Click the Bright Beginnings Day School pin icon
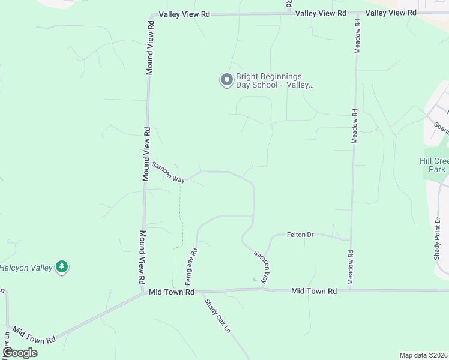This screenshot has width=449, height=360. [x=226, y=80]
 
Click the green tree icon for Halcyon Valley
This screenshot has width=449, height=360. [x=62, y=267]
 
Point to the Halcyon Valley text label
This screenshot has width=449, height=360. [x=26, y=268]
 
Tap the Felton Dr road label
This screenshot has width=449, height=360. [x=301, y=234]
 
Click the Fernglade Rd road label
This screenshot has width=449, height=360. [x=190, y=266]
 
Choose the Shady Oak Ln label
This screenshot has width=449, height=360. [x=217, y=317]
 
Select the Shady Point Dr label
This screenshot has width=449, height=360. [x=438, y=238]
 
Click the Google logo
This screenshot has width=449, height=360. [x=20, y=352]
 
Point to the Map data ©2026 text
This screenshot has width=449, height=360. [x=423, y=355]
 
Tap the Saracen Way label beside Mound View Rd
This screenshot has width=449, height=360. [x=167, y=173]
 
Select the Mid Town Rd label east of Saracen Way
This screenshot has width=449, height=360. [x=313, y=291]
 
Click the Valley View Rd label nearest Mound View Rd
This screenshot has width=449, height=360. [x=184, y=14]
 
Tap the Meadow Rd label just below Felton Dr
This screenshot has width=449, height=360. [x=352, y=266]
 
